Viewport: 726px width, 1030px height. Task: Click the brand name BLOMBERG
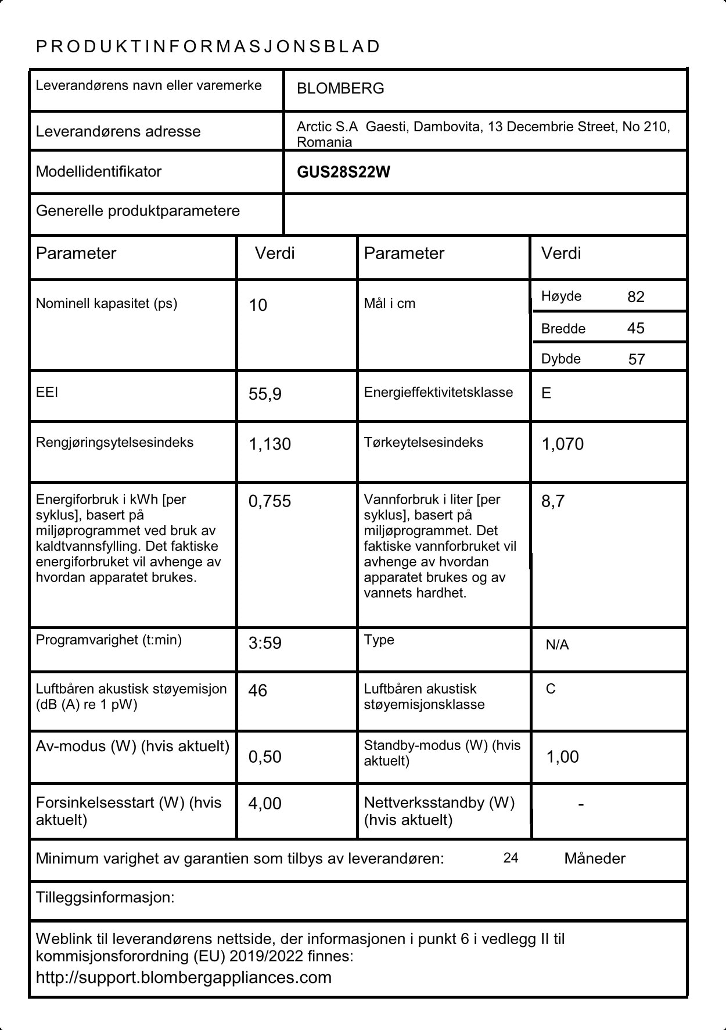point(340,88)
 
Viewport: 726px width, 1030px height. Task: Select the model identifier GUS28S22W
point(343,172)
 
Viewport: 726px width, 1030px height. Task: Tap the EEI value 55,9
point(265,394)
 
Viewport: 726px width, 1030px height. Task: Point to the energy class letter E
point(546,393)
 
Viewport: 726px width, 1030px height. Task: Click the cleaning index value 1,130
point(269,444)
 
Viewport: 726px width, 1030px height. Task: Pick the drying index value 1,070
point(562,444)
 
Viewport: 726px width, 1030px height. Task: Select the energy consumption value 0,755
point(269,501)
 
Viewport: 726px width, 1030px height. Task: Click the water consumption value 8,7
point(552,501)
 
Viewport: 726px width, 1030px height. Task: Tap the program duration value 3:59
point(265,643)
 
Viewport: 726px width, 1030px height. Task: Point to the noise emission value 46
point(257,691)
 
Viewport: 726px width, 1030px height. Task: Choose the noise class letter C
point(551,689)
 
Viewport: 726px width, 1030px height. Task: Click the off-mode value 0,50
point(265,757)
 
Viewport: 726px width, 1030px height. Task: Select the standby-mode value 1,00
point(562,757)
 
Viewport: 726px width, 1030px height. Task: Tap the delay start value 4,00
point(265,803)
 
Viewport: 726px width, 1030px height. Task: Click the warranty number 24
point(511,858)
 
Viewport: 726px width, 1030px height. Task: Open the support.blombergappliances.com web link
point(184,977)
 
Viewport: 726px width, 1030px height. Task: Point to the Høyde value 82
point(636,297)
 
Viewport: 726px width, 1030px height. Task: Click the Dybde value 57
point(637,359)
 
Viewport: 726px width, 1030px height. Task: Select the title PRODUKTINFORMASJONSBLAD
point(208,46)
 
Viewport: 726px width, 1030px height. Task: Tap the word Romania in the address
point(324,142)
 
